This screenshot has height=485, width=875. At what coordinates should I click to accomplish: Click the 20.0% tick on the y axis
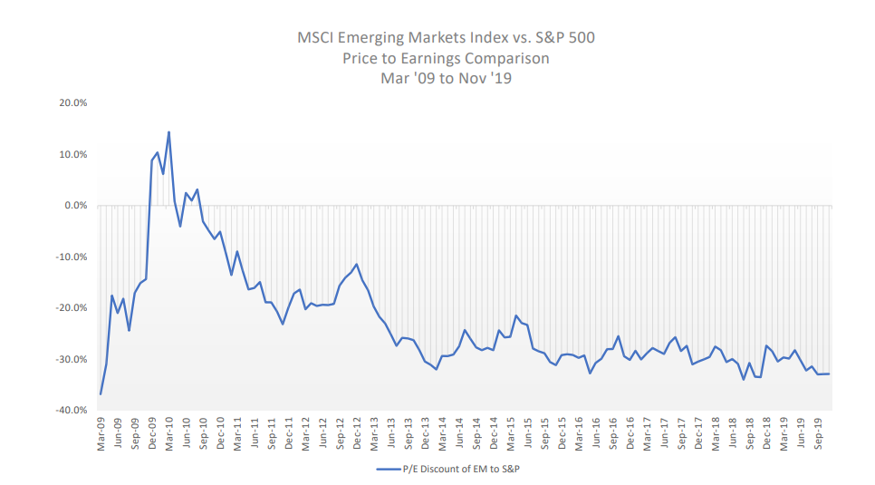click(x=74, y=103)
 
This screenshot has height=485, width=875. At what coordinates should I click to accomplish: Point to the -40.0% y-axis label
click(x=72, y=411)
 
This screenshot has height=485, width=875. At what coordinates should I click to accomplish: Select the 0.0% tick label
click(x=76, y=206)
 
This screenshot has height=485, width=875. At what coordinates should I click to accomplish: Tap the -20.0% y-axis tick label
click(x=72, y=308)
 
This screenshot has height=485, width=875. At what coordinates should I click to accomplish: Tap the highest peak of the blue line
click(x=168, y=132)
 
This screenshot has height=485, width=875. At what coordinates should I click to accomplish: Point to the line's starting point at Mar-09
click(x=101, y=393)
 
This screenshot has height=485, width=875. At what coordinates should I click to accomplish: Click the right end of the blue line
click(x=829, y=373)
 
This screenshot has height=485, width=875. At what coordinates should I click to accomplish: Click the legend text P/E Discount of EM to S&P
click(x=463, y=470)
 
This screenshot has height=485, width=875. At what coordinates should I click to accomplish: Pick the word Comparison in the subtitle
click(x=508, y=58)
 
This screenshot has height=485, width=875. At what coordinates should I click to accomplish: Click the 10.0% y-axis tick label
click(x=74, y=155)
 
